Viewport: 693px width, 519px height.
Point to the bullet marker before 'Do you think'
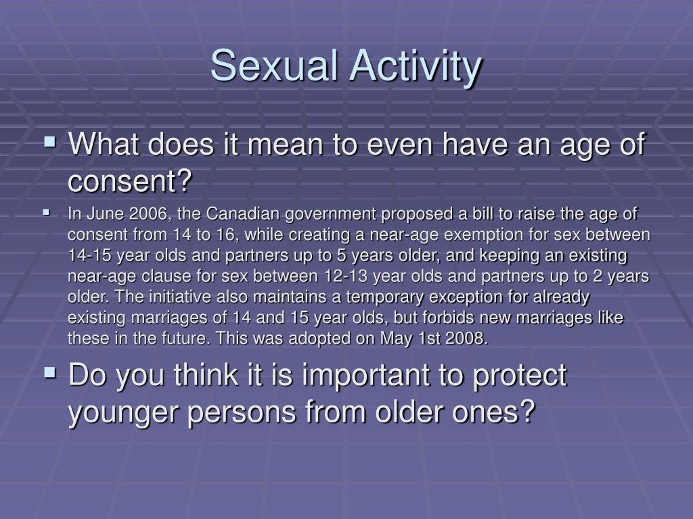click(x=50, y=372)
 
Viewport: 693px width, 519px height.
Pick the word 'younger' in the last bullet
click(x=123, y=411)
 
